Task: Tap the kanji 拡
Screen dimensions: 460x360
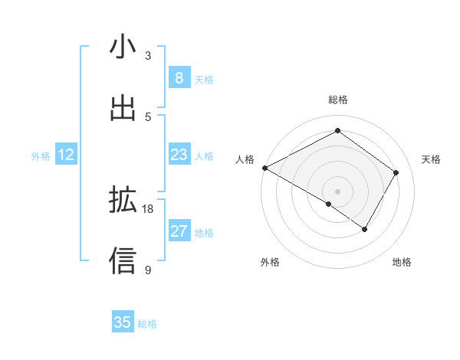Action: (x=123, y=201)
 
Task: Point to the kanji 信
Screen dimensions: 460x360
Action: (x=123, y=260)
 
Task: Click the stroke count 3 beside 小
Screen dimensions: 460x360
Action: (x=148, y=56)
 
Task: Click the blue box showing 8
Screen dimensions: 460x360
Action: (x=179, y=78)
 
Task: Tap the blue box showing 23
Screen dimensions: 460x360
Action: (x=179, y=155)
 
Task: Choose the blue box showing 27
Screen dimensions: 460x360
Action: (x=179, y=231)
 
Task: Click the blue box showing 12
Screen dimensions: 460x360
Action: (x=66, y=155)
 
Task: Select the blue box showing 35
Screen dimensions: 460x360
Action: (x=123, y=322)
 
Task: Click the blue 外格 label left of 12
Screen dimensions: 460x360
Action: (x=41, y=156)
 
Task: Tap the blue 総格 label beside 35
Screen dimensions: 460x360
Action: (x=147, y=324)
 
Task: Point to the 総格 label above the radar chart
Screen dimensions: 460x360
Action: (x=337, y=100)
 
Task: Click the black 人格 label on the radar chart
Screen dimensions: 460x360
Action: (x=245, y=159)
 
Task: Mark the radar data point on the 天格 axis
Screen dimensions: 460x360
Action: (x=396, y=172)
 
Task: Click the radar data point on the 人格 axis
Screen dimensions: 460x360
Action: (x=264, y=168)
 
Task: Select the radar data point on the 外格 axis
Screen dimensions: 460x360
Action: (x=329, y=204)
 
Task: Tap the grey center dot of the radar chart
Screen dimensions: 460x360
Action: (x=337, y=191)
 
